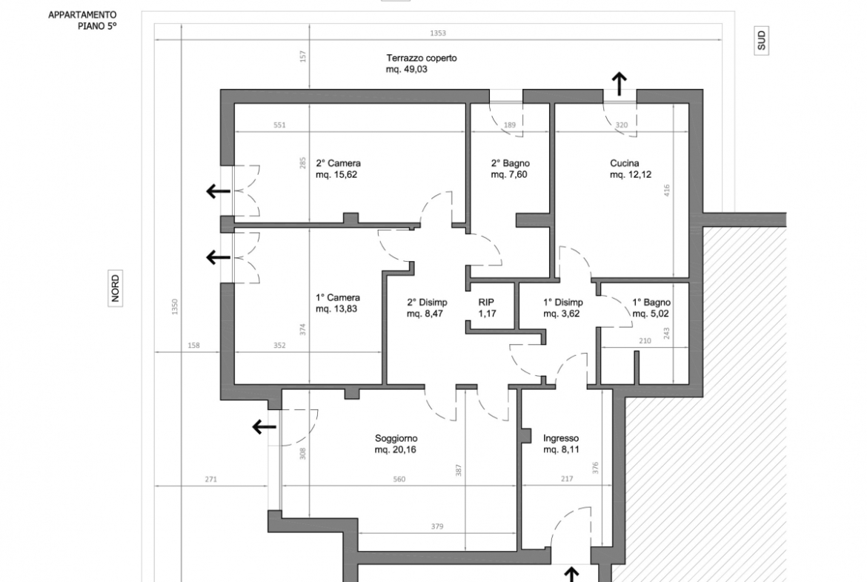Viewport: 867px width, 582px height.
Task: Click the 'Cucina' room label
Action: point(624,163)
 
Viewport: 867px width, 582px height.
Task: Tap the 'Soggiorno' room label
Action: point(396,439)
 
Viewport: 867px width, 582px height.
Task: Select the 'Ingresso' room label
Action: point(561,438)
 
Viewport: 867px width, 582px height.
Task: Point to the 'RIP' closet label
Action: point(486,302)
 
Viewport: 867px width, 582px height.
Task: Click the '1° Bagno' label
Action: point(651,302)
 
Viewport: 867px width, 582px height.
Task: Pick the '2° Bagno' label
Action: point(511,163)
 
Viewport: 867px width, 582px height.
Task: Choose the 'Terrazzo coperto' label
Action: point(422,58)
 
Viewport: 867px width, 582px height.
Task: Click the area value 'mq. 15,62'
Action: point(336,175)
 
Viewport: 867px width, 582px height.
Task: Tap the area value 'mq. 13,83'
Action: point(336,309)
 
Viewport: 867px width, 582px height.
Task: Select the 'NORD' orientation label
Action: point(115,288)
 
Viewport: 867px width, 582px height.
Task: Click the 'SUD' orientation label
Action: point(761,40)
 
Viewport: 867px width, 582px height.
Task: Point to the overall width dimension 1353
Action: point(438,33)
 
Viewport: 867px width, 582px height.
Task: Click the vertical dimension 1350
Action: point(175,307)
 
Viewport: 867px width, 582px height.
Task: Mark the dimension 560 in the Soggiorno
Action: point(399,480)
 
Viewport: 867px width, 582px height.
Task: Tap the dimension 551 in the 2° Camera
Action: point(280,125)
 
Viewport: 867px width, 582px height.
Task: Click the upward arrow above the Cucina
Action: point(619,84)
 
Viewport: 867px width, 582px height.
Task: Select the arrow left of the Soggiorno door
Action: point(265,427)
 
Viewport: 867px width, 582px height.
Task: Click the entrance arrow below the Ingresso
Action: point(571,575)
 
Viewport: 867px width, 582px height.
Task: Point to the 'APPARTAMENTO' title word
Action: point(82,15)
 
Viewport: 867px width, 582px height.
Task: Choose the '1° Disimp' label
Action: point(563,302)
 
